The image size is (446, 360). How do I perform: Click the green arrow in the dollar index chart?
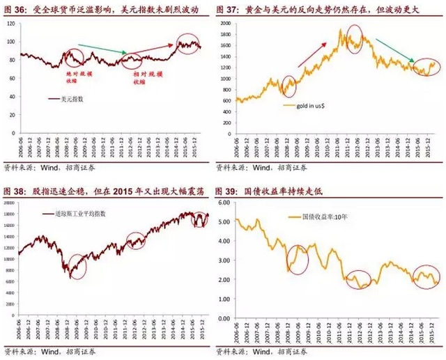(x=102, y=49)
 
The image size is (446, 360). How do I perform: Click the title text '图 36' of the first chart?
(x=15, y=10)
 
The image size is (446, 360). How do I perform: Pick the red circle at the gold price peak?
(x=353, y=38)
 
